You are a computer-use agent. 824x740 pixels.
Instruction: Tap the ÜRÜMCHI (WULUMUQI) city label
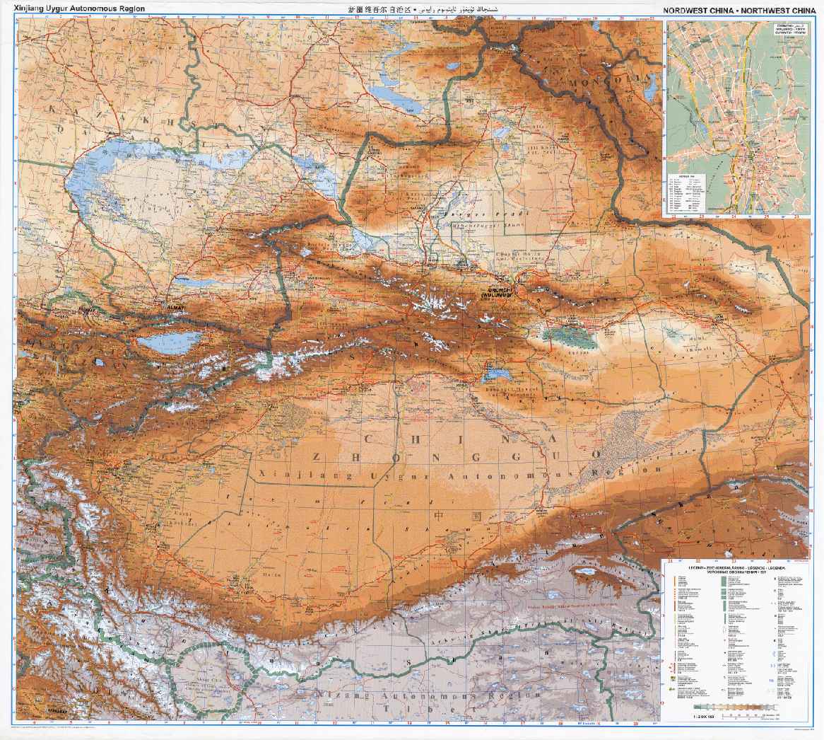(500, 291)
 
